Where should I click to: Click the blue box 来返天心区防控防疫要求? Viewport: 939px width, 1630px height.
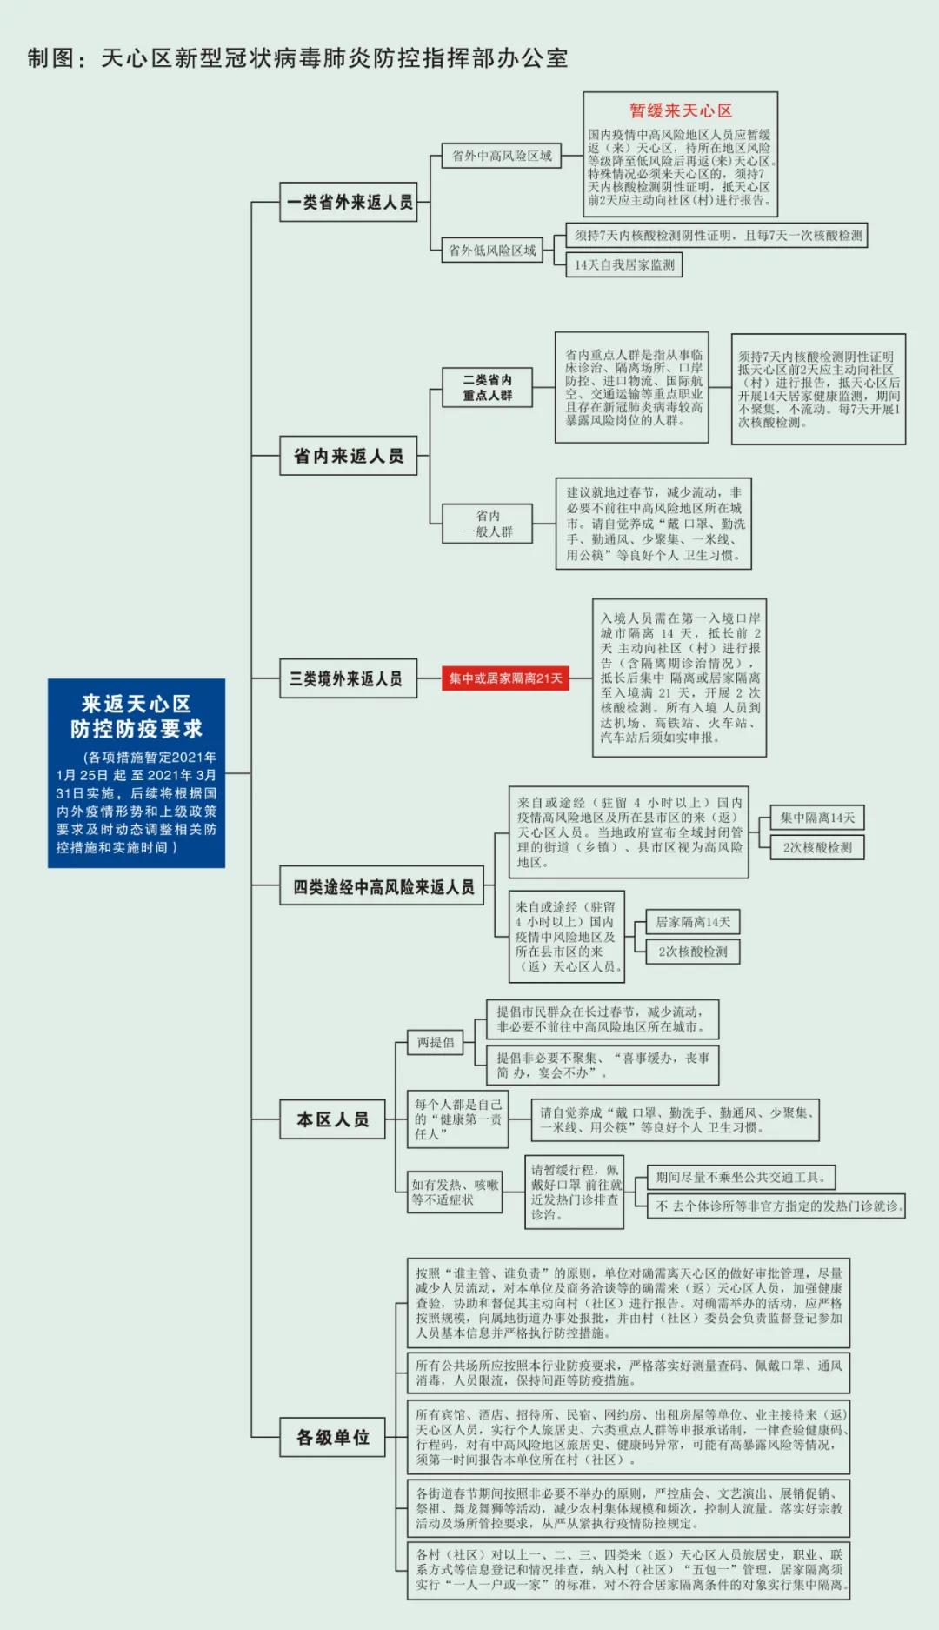click(137, 773)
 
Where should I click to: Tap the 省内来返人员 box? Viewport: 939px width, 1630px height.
click(348, 455)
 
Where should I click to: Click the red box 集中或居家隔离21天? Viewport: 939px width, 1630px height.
click(505, 678)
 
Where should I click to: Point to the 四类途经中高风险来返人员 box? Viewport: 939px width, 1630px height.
click(382, 886)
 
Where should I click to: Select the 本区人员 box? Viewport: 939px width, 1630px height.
click(333, 1119)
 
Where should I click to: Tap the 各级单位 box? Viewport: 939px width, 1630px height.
click(333, 1437)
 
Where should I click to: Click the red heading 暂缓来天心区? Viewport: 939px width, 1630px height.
click(681, 110)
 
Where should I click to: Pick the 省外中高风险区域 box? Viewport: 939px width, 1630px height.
click(501, 156)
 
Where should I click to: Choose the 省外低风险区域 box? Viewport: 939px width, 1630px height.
click(491, 251)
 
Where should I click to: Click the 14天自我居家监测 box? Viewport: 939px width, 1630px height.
click(624, 264)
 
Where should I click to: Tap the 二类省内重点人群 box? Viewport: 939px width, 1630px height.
click(487, 387)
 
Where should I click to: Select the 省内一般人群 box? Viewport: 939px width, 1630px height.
click(487, 524)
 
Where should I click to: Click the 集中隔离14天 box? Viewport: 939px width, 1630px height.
click(817, 818)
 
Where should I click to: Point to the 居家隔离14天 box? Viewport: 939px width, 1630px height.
click(692, 922)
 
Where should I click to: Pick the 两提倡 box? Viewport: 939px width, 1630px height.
click(436, 1042)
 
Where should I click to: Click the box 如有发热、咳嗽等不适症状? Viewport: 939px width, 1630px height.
click(455, 1192)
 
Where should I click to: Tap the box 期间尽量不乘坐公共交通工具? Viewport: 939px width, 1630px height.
click(741, 1177)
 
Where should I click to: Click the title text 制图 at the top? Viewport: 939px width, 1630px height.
click(50, 58)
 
